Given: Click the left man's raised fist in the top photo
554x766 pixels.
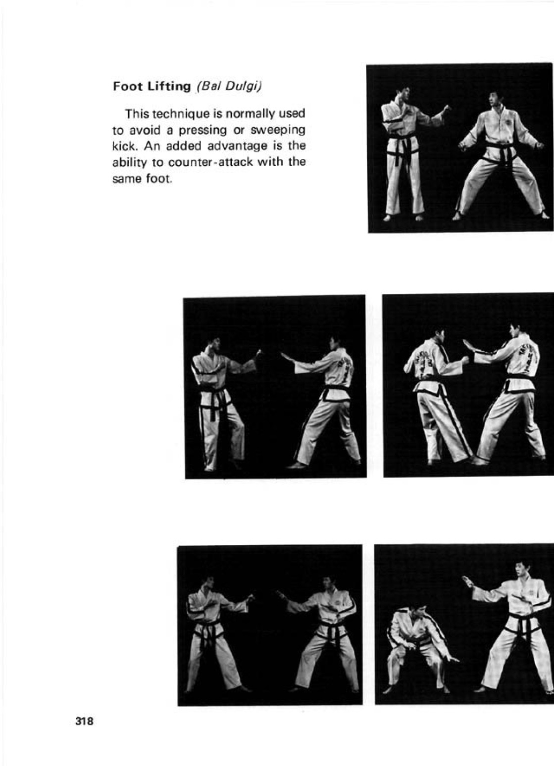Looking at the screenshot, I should pos(447,108).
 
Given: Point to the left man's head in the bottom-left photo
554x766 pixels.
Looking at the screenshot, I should pos(207,584).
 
